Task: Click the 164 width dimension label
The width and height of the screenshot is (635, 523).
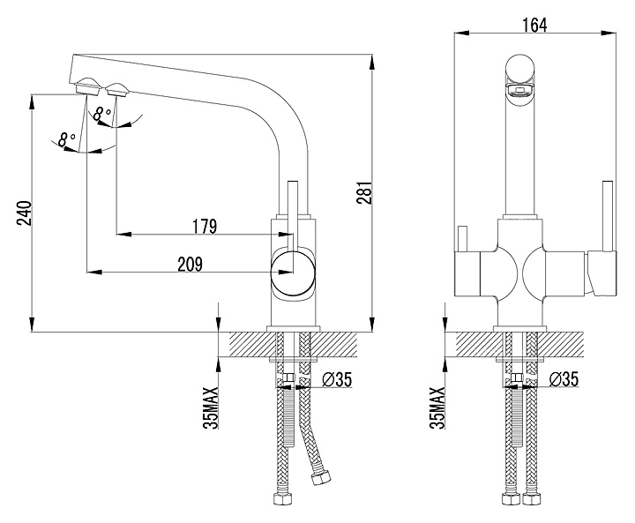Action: point(534,25)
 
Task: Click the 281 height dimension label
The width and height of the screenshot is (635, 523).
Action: point(364,193)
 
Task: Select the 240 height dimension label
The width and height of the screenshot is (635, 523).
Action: point(24,213)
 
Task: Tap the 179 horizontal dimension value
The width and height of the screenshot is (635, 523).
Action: point(205,226)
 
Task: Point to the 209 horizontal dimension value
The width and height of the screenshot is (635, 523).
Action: point(190,264)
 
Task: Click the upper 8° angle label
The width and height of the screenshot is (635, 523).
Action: point(102,114)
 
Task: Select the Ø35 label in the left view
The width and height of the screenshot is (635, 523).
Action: point(337,379)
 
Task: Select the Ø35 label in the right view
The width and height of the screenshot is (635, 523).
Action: point(564,379)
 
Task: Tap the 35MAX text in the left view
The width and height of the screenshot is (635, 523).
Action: point(211,408)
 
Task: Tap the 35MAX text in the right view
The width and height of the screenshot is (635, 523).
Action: point(437,408)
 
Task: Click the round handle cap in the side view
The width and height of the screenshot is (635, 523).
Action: point(293,273)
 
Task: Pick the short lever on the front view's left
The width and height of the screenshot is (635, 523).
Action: point(462,239)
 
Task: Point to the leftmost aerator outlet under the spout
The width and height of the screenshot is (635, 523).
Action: point(88,86)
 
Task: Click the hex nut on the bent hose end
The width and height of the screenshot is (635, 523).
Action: point(321,478)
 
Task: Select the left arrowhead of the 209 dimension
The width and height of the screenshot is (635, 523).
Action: point(94,273)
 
